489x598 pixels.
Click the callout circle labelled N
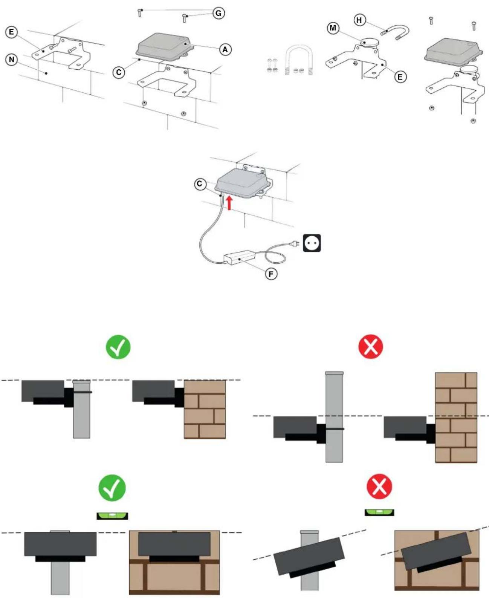point(12,60)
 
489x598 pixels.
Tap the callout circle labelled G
point(219,13)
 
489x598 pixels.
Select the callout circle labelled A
point(225,50)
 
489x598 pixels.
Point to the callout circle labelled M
point(333,28)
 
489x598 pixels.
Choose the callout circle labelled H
point(359,20)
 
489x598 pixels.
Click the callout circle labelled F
point(271,274)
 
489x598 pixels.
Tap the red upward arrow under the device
point(229,203)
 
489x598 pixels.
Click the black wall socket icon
point(312,243)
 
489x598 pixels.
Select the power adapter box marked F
point(240,257)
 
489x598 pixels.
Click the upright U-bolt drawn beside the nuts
point(299,60)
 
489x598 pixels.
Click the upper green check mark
point(118,347)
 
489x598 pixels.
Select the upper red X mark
point(371,346)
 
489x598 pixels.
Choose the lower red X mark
point(379,486)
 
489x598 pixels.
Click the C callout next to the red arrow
point(200,184)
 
